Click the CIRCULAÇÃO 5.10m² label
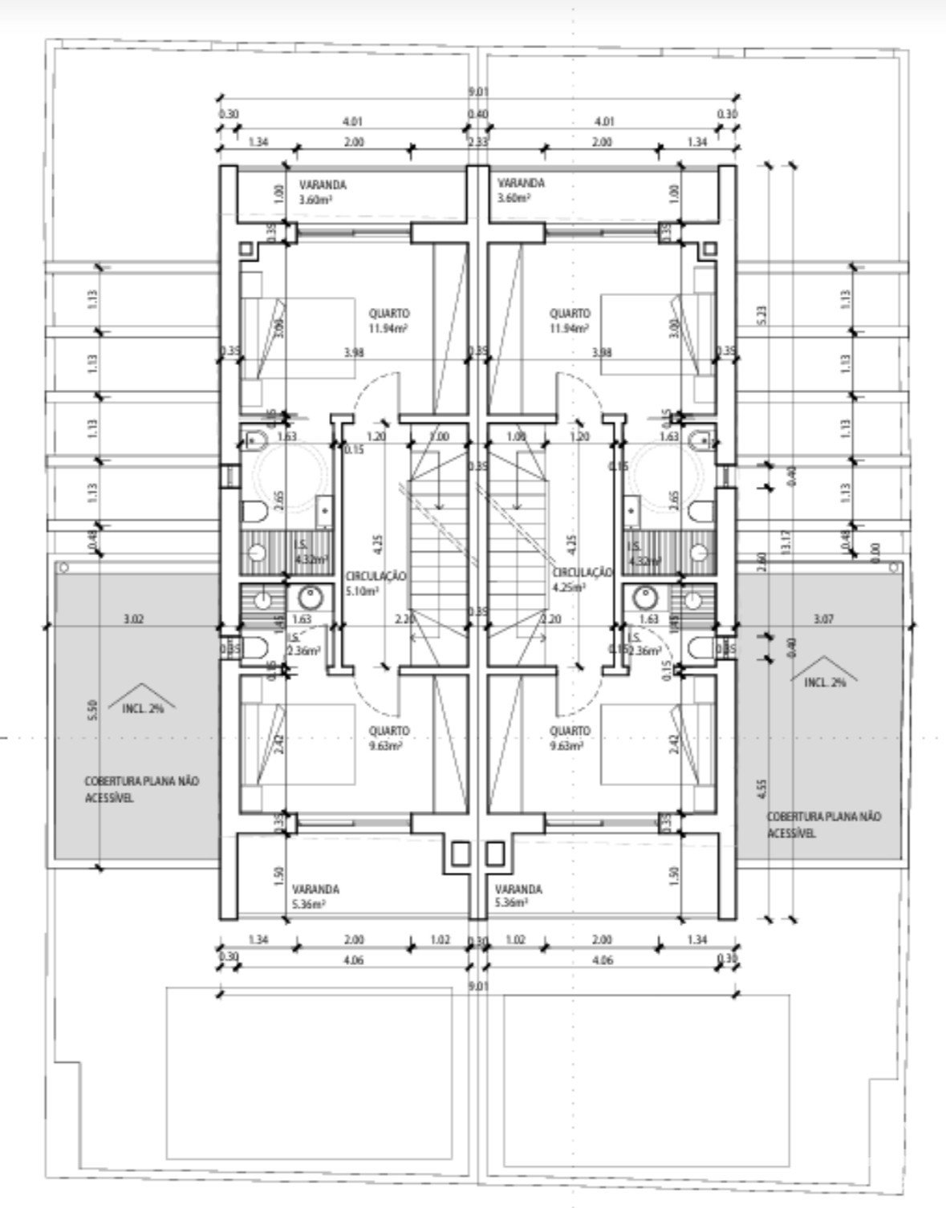click(376, 582)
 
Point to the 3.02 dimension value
click(134, 619)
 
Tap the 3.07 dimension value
click(823, 619)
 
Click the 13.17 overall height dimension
click(788, 545)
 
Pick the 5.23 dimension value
click(764, 312)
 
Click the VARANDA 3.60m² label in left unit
click(321, 192)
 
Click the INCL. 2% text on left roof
click(144, 708)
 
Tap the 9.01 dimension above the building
click(477, 92)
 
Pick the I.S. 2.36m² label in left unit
click(302, 644)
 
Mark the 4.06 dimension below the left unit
click(353, 959)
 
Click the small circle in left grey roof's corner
click(64, 566)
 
